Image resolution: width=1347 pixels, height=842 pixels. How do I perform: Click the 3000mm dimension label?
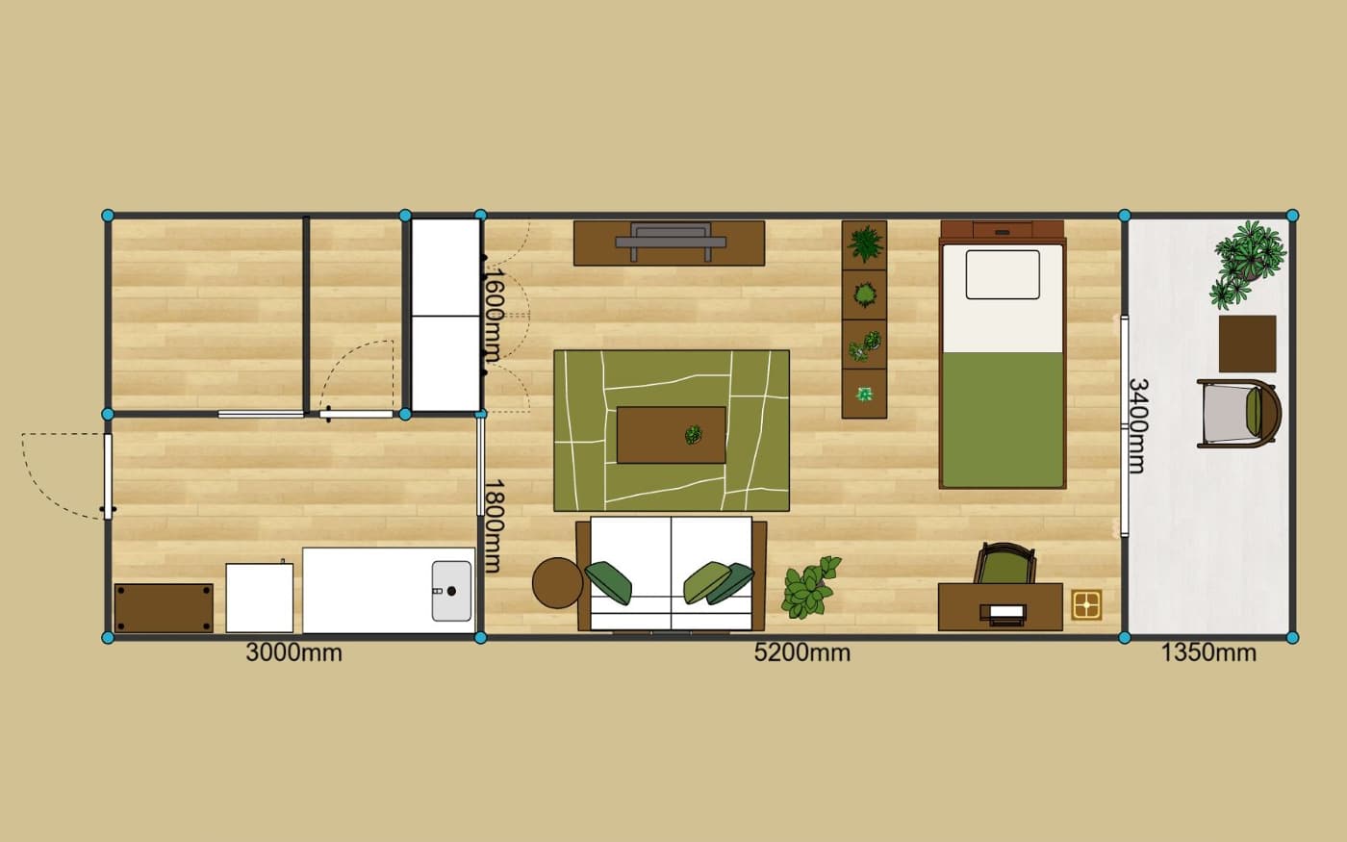point(294,653)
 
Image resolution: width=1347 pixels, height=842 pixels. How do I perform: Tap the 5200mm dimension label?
point(802,653)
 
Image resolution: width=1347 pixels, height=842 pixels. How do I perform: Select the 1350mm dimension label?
point(1208,653)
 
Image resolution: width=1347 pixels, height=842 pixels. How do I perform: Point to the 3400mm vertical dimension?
point(1137,425)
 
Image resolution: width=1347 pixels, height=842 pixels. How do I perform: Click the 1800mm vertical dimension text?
point(493,526)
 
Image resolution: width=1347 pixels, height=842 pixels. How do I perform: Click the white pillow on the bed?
point(1003,274)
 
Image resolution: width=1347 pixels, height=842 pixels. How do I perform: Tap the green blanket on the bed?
point(1003,420)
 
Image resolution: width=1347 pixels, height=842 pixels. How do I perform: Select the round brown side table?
point(557,582)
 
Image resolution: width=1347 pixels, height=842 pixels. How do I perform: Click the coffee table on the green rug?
point(672,435)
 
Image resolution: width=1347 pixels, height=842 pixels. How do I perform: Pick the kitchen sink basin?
point(451,591)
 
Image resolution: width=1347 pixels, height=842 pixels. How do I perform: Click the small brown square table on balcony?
point(1247,344)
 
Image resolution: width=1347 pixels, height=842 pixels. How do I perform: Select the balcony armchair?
point(1239,414)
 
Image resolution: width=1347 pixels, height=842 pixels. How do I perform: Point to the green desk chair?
point(1004,564)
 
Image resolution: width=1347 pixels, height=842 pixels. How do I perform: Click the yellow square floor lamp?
point(1086,604)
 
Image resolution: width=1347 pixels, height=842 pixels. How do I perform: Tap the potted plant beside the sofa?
point(810,587)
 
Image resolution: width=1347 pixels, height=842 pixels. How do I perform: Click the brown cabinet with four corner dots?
point(164,607)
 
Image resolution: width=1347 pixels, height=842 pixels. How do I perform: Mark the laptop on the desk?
point(1006,614)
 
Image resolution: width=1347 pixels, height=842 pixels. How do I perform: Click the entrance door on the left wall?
point(108,476)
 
